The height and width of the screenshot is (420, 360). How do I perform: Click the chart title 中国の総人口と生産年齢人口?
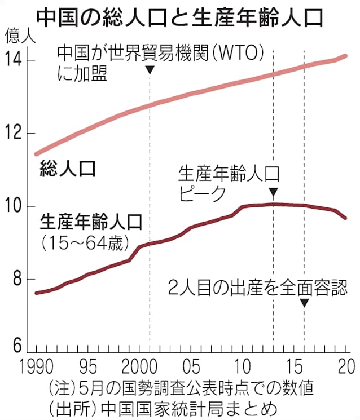coord(180,17)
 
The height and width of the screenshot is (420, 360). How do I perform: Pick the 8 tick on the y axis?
coord(17,280)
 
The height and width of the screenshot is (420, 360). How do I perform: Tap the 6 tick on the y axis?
coord(17,345)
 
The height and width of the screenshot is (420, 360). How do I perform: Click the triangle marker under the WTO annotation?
coord(150,69)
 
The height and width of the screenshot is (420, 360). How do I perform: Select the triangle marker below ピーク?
coord(273,192)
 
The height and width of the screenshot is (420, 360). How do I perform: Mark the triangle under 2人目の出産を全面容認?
coord(304,303)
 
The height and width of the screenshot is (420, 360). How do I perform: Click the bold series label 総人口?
coord(68,167)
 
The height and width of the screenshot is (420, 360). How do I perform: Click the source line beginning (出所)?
coord(163,408)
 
